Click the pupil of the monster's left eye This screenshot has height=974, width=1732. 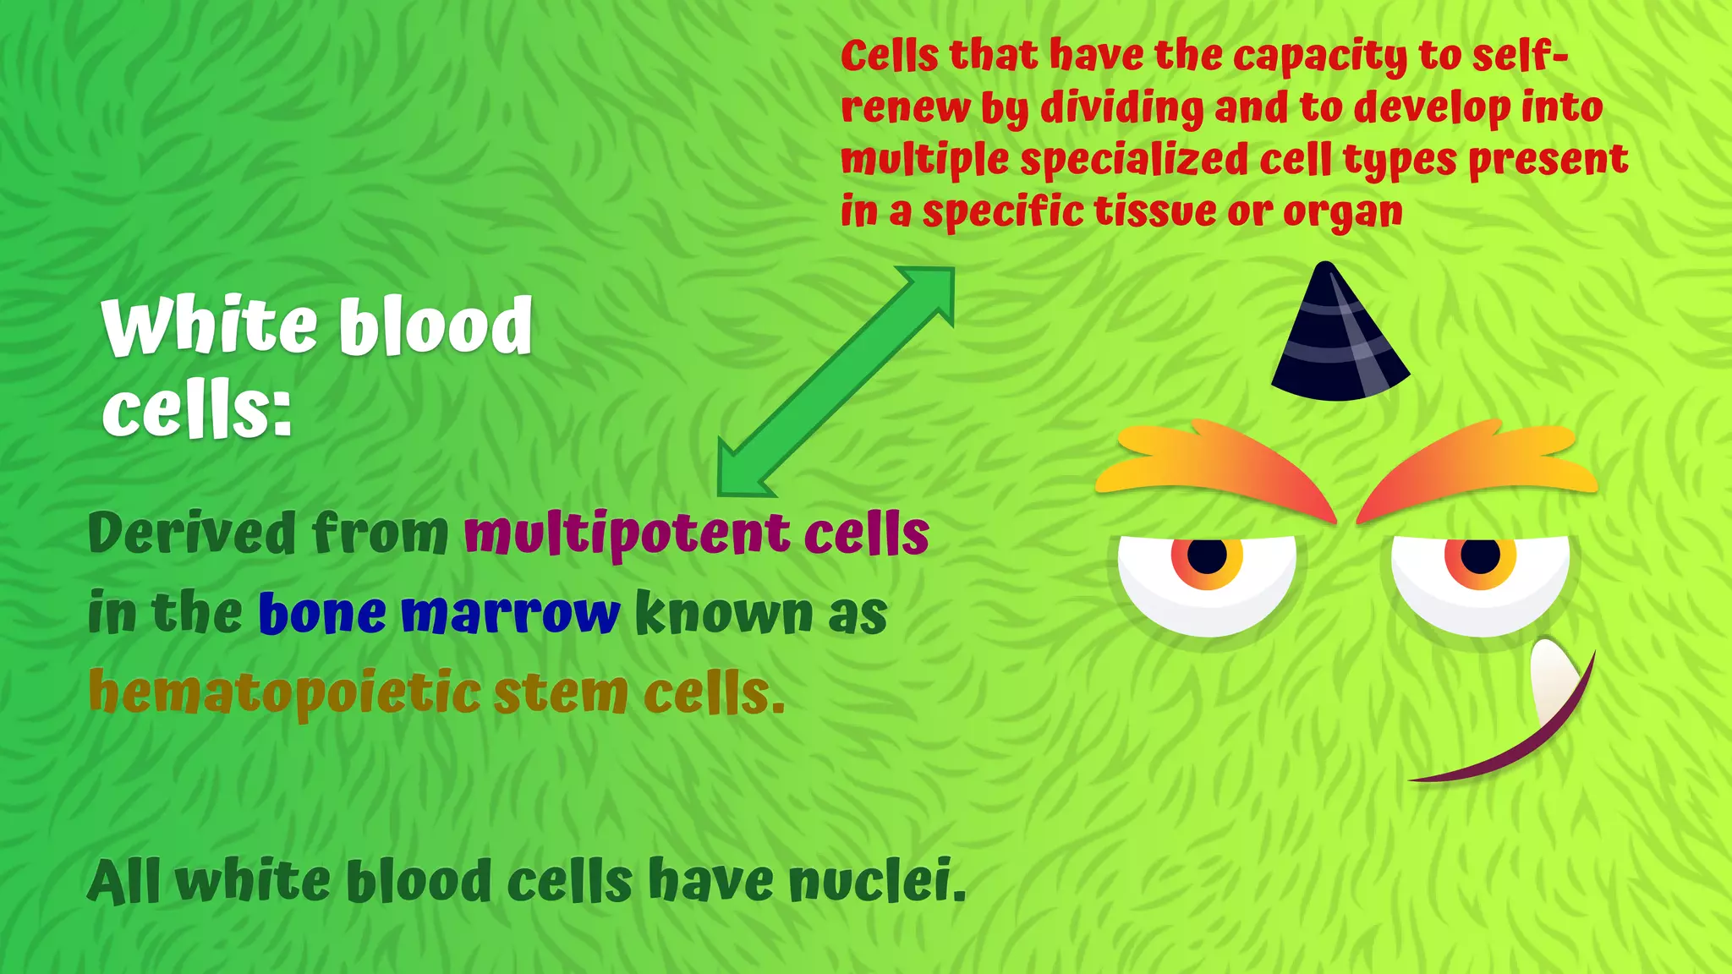(x=1207, y=556)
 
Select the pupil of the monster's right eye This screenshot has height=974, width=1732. (x=1480, y=556)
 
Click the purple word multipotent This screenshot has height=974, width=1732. (x=627, y=534)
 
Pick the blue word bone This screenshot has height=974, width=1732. (x=321, y=614)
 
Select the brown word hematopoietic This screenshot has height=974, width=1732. (x=284, y=693)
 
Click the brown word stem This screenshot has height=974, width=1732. (x=560, y=693)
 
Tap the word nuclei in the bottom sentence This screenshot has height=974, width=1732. (x=876, y=881)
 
